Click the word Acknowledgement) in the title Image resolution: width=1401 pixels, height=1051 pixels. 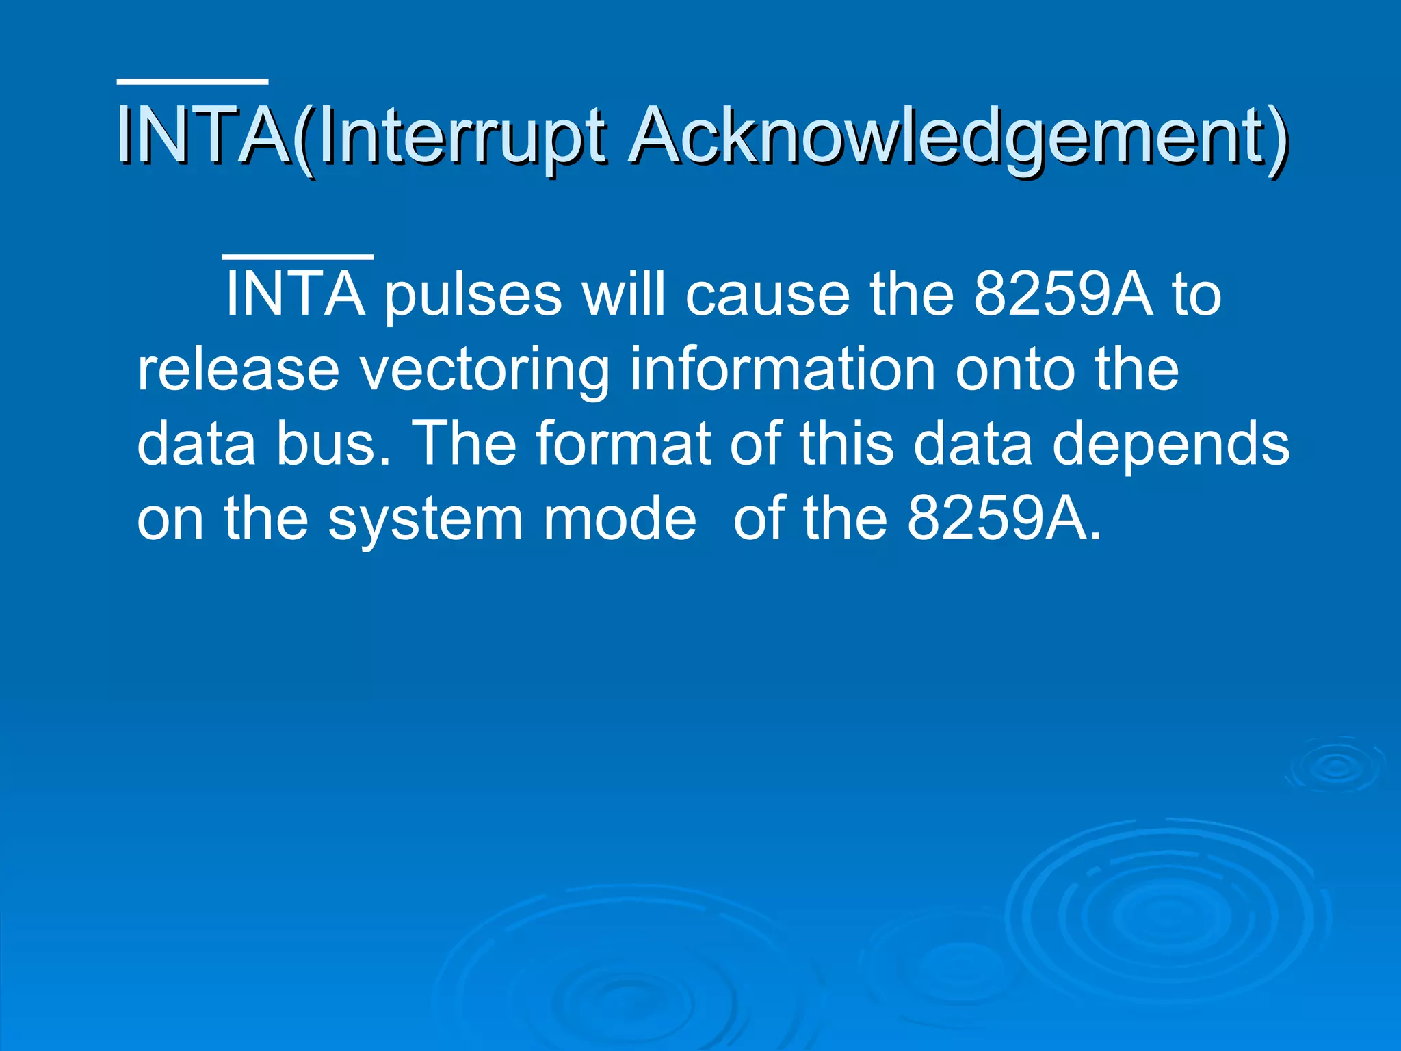(x=958, y=137)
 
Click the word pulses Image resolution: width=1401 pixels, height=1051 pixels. (x=473, y=295)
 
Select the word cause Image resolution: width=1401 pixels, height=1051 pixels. (x=767, y=295)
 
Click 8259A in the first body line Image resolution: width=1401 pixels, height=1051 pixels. (x=1062, y=295)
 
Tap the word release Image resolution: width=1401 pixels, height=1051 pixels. (x=238, y=369)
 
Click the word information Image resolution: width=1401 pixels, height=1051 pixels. (x=782, y=369)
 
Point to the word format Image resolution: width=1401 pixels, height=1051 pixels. (x=623, y=444)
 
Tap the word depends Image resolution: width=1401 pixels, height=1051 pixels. (x=1170, y=444)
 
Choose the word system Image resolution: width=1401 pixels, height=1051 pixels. (x=425, y=520)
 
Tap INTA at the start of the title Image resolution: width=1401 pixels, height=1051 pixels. (x=202, y=137)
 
